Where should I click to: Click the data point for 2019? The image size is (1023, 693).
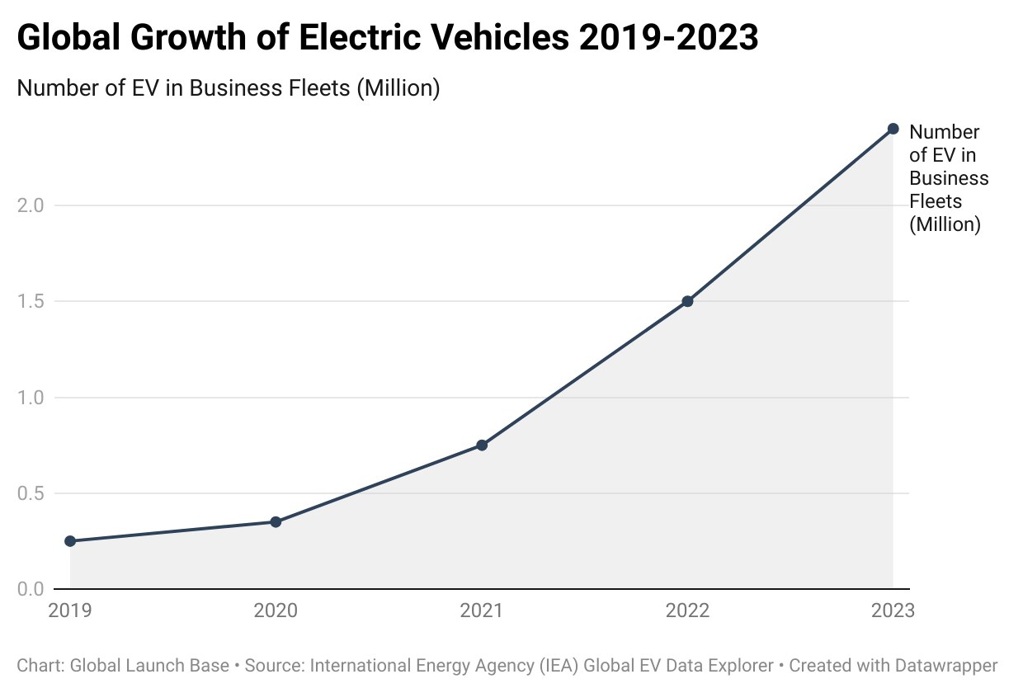[70, 541]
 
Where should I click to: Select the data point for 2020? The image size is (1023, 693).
[276, 522]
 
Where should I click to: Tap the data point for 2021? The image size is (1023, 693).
[482, 445]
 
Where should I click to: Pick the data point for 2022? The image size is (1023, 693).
[687, 301]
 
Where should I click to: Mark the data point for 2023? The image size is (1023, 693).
[893, 129]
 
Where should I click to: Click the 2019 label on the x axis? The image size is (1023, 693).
[70, 610]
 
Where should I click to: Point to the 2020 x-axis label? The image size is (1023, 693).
[276, 610]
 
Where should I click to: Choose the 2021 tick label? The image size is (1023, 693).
[481, 610]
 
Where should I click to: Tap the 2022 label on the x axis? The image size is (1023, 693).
[687, 610]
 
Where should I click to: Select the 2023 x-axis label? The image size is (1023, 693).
[893, 610]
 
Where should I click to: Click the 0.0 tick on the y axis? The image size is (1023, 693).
[31, 589]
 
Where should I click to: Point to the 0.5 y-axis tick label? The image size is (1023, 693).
[31, 493]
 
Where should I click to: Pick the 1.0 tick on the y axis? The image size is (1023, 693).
[31, 398]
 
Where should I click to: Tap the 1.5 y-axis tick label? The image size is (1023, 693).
[31, 301]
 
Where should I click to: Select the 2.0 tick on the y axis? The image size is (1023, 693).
[31, 205]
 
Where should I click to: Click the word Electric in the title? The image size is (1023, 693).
[360, 37]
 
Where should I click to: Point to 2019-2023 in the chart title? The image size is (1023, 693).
[668, 37]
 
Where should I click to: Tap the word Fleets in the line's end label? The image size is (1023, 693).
[936, 201]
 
